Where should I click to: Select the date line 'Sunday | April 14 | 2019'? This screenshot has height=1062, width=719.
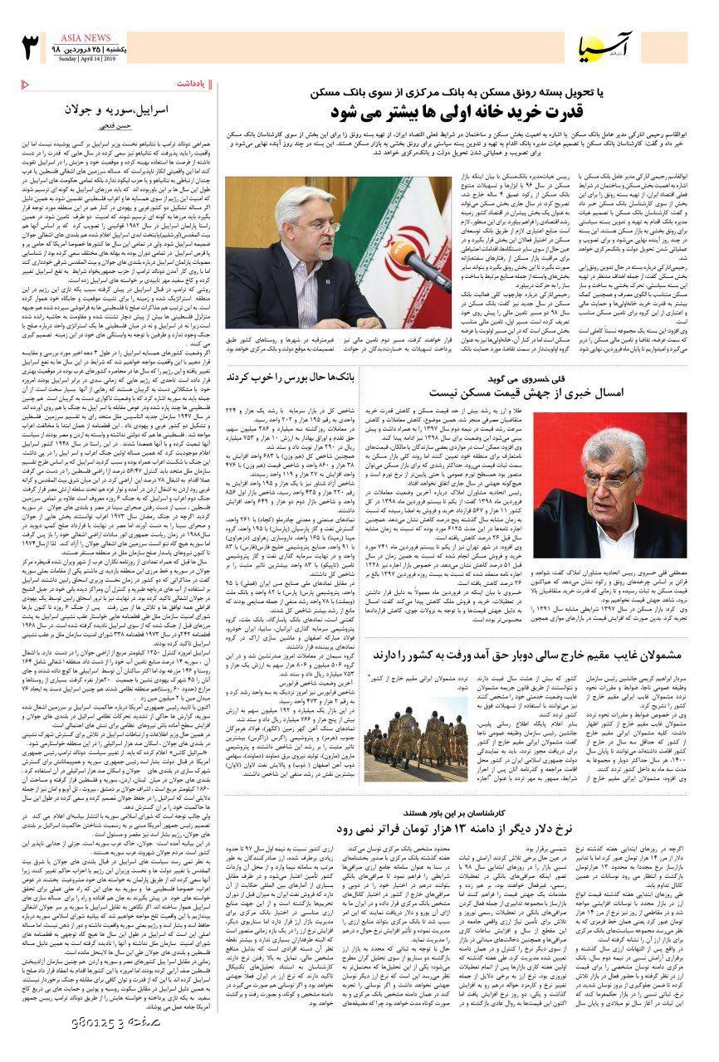[87, 60]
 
